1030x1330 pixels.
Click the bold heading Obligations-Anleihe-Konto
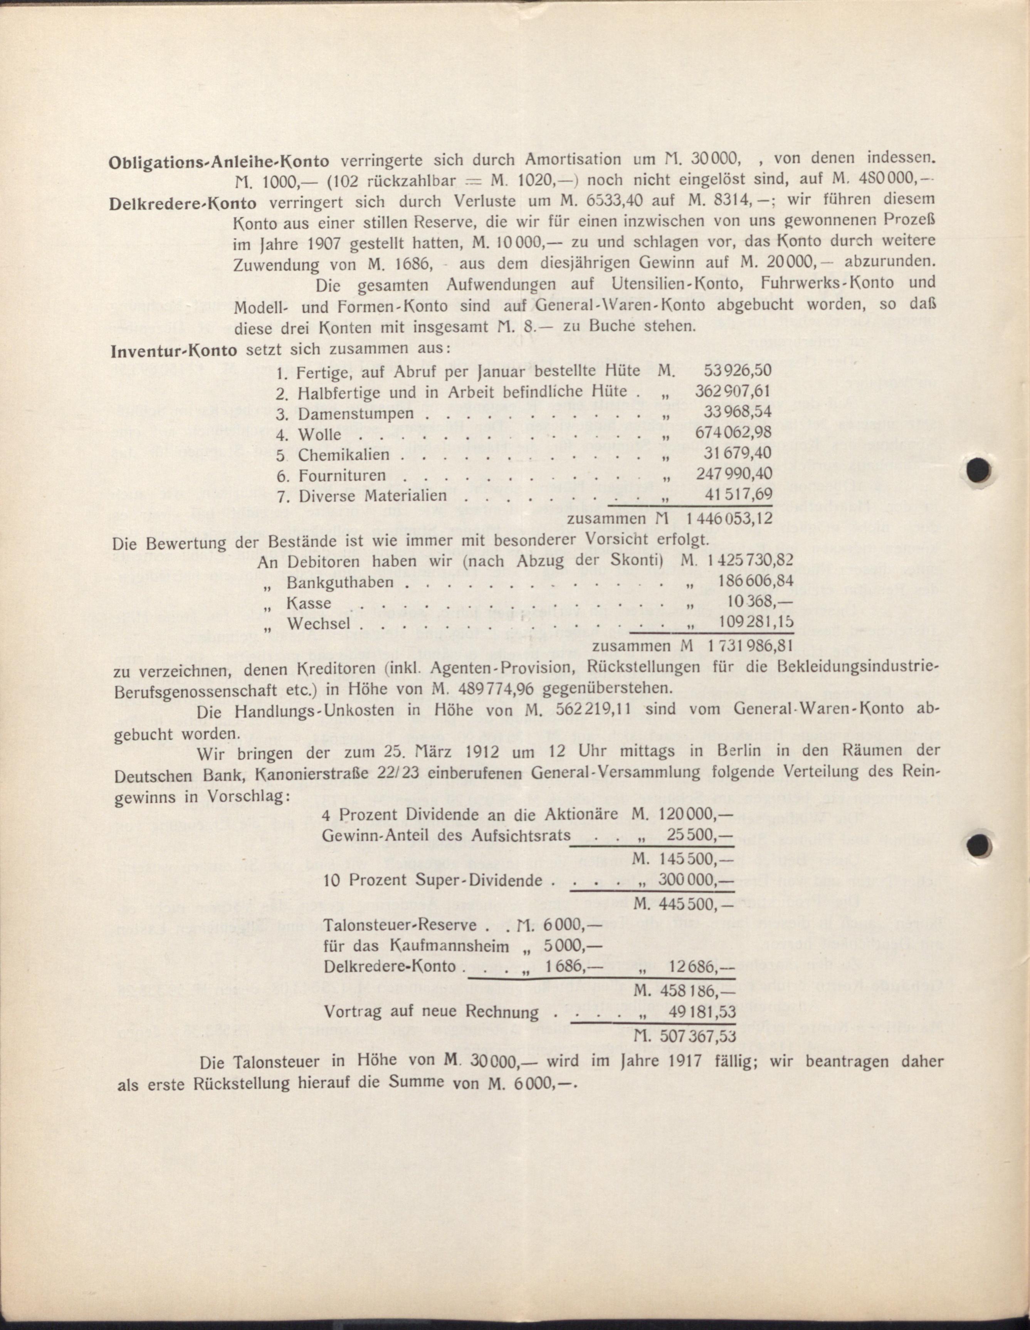pyautogui.click(x=219, y=162)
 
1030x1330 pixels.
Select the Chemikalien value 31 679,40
pyautogui.click(x=739, y=454)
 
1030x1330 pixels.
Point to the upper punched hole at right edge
pyautogui.click(x=978, y=470)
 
